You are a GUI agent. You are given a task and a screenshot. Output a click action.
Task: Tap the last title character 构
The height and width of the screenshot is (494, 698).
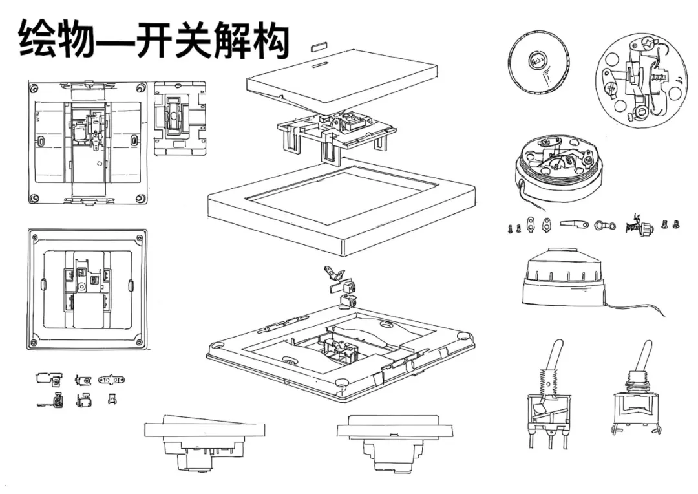coord(271,41)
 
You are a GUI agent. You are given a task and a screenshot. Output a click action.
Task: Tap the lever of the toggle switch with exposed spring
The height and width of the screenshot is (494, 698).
coord(555,356)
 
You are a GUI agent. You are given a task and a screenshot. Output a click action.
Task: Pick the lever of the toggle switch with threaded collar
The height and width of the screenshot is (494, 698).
coord(643,356)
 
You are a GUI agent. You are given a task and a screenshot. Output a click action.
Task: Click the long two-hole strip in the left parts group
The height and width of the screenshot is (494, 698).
coord(111,380)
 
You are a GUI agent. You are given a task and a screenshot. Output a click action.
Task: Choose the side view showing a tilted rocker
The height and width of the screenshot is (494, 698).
coord(205,441)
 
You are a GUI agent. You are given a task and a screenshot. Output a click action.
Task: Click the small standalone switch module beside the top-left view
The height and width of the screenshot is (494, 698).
coord(180,118)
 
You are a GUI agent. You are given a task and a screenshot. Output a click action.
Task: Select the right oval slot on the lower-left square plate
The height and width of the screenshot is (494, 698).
coord(131,285)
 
